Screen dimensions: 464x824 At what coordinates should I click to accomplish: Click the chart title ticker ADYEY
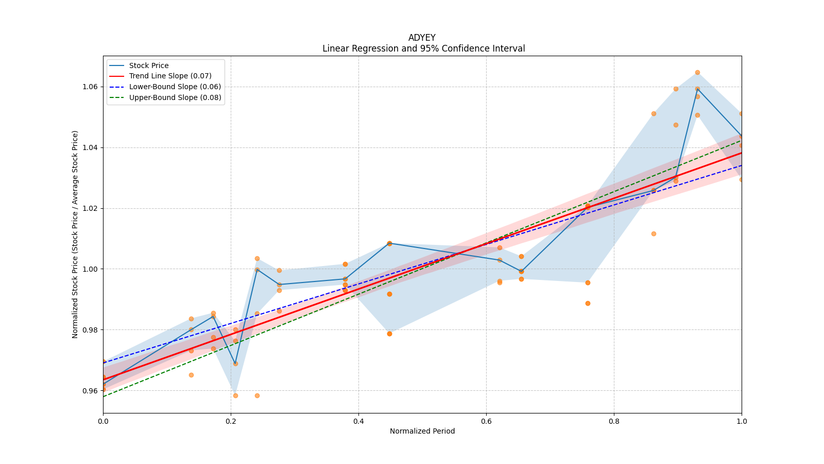pyautogui.click(x=422, y=38)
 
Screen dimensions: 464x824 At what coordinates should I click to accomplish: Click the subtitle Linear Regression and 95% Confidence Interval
pyautogui.click(x=423, y=48)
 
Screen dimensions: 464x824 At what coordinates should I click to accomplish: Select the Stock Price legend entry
pyautogui.click(x=149, y=65)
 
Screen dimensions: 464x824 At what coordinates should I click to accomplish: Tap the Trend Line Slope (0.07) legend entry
pyautogui.click(x=170, y=76)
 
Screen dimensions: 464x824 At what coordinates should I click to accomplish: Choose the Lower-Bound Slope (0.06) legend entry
pyautogui.click(x=175, y=87)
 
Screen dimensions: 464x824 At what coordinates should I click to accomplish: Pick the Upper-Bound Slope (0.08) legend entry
pyautogui.click(x=175, y=97)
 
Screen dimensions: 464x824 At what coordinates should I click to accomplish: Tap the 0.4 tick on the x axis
pyautogui.click(x=358, y=421)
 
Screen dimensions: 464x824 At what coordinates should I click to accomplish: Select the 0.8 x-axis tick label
pyautogui.click(x=614, y=421)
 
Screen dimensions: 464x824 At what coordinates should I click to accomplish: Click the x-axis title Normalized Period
pyautogui.click(x=422, y=431)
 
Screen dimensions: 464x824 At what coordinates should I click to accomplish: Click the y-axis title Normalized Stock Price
pyautogui.click(x=75, y=234)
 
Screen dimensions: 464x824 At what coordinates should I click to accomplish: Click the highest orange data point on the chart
pyautogui.click(x=697, y=72)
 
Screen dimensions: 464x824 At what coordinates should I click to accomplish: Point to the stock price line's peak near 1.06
pyautogui.click(x=697, y=89)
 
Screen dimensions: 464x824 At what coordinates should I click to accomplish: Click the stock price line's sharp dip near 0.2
pyautogui.click(x=235, y=363)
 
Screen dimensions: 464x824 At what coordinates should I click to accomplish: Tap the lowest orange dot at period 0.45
pyautogui.click(x=389, y=334)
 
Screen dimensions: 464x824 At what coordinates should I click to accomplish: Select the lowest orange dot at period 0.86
pyautogui.click(x=654, y=234)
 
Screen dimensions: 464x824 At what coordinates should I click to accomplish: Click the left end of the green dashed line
pyautogui.click(x=104, y=396)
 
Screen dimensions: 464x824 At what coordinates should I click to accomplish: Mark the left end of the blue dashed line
pyautogui.click(x=104, y=362)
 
